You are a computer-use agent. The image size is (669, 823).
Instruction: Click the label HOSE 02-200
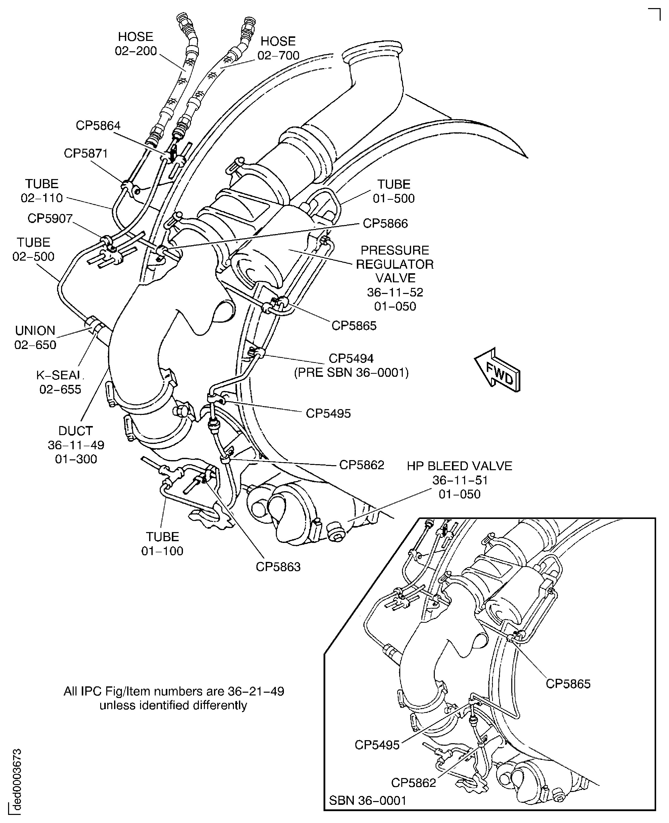[136, 44]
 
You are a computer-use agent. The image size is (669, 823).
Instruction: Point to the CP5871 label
[86, 154]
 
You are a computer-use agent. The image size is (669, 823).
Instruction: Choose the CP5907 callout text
[50, 219]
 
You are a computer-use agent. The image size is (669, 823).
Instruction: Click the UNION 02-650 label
[35, 337]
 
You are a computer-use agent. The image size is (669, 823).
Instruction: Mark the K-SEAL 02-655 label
[60, 382]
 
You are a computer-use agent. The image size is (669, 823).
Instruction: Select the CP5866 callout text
[385, 224]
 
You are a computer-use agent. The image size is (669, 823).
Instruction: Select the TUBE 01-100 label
[162, 544]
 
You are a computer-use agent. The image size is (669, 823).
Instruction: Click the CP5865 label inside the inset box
[568, 684]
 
